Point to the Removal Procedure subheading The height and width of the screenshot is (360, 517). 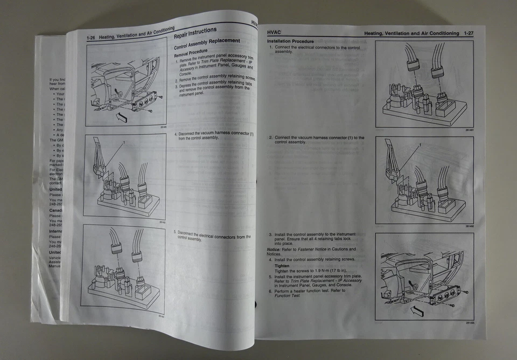tap(190, 54)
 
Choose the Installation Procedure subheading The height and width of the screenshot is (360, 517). tap(291, 41)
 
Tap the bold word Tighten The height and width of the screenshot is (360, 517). tap(282, 266)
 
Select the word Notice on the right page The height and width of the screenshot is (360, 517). tap(274, 250)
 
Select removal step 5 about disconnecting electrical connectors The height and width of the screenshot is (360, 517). tap(212, 236)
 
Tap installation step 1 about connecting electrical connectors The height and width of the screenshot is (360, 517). tap(315, 50)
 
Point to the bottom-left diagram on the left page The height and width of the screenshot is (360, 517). tap(124, 269)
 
